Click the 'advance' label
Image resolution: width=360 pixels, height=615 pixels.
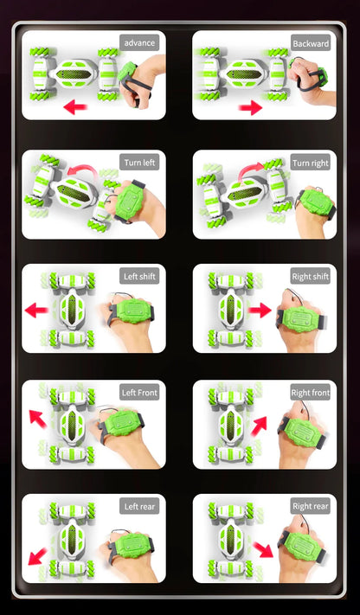click(x=139, y=42)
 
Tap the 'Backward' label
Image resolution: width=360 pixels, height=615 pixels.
click(x=311, y=43)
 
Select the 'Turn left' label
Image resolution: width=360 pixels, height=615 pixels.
click(x=139, y=163)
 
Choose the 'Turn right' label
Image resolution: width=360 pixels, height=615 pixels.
click(x=310, y=163)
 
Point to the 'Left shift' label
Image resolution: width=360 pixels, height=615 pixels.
click(x=139, y=276)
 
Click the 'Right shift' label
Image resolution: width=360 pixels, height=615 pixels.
click(x=310, y=277)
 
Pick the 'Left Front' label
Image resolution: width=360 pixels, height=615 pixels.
click(x=139, y=392)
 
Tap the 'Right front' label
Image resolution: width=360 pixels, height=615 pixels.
click(x=310, y=392)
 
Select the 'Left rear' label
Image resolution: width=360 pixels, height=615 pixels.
click(x=139, y=506)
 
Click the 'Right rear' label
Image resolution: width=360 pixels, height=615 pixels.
click(x=310, y=506)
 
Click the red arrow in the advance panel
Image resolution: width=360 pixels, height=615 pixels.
click(x=75, y=106)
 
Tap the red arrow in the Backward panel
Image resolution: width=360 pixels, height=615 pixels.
click(x=250, y=107)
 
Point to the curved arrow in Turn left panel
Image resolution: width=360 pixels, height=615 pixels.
click(x=82, y=170)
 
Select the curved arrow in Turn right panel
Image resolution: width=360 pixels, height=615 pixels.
click(x=252, y=170)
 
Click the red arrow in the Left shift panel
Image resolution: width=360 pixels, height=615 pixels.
click(x=36, y=311)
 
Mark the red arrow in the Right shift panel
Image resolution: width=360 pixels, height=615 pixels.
click(x=260, y=310)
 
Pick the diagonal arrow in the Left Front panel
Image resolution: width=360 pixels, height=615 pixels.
click(x=38, y=418)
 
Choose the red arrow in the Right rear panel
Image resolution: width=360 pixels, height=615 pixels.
click(x=263, y=549)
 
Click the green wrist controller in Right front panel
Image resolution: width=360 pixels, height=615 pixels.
click(x=302, y=432)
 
